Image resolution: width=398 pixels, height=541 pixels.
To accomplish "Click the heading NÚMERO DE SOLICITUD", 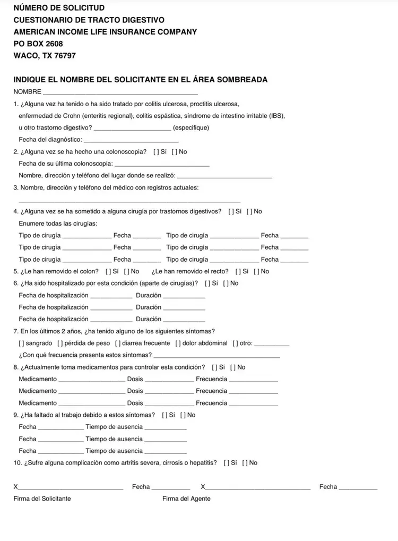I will click(x=59, y=8).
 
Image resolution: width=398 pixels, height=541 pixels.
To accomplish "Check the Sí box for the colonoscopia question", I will click(x=156, y=152).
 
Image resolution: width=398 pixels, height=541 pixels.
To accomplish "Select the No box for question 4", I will click(x=249, y=211).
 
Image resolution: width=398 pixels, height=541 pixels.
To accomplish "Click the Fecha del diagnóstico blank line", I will click(x=131, y=140).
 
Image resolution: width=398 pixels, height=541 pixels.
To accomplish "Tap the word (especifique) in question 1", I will click(x=191, y=128).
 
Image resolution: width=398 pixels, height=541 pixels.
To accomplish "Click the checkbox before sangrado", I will click(x=21, y=343).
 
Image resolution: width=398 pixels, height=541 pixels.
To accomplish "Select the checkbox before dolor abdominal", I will click(x=178, y=343).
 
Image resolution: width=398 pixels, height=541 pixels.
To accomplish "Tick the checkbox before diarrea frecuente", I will click(x=117, y=343).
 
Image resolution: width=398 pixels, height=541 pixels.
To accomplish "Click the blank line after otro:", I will click(x=272, y=344).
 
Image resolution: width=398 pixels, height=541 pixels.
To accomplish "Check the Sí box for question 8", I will click(x=214, y=367).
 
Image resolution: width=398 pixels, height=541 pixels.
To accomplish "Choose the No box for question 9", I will click(x=183, y=415).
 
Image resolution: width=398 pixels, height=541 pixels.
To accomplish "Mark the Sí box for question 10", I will click(x=227, y=462).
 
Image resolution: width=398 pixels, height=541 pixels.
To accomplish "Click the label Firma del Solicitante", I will click(x=42, y=499).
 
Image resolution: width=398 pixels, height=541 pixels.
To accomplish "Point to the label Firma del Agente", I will click(x=186, y=499).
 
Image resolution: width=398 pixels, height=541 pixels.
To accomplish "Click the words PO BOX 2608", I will click(x=38, y=44).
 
